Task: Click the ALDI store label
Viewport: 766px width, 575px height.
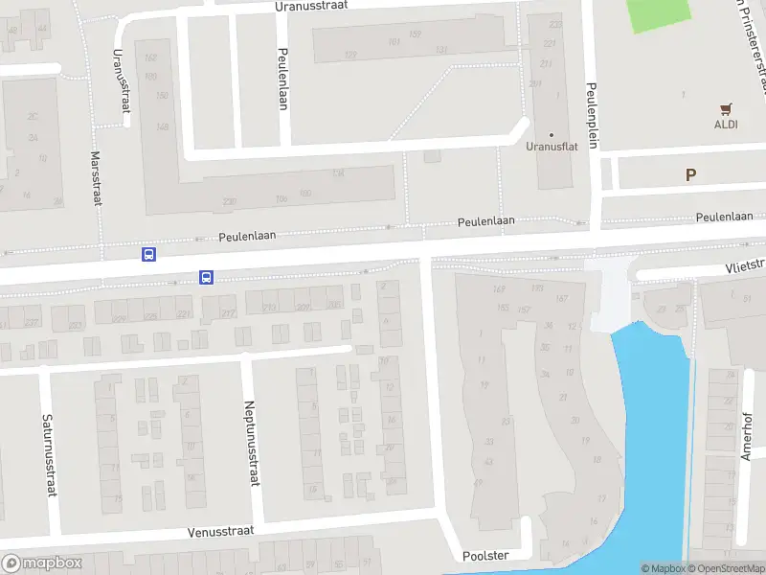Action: click(725, 124)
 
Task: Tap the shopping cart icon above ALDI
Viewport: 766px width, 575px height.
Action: click(725, 107)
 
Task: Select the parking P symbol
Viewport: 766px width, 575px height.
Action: click(689, 174)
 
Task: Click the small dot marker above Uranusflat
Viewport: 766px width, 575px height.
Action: click(551, 134)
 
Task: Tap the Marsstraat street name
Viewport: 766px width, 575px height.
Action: click(96, 177)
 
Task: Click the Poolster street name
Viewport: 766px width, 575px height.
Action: click(483, 555)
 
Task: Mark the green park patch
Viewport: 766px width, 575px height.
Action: click(658, 13)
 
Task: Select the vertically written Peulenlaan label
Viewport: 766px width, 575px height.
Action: click(283, 79)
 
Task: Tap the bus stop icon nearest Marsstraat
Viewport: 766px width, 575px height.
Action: click(148, 254)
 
